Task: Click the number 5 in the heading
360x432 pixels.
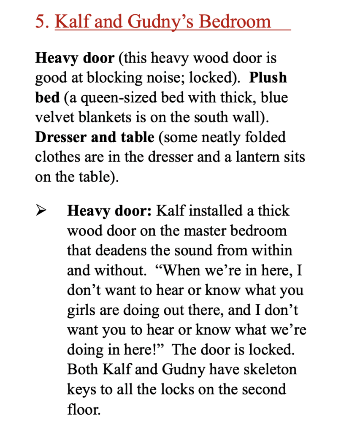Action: [x=41, y=21]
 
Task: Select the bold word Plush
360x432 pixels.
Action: [x=268, y=78]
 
